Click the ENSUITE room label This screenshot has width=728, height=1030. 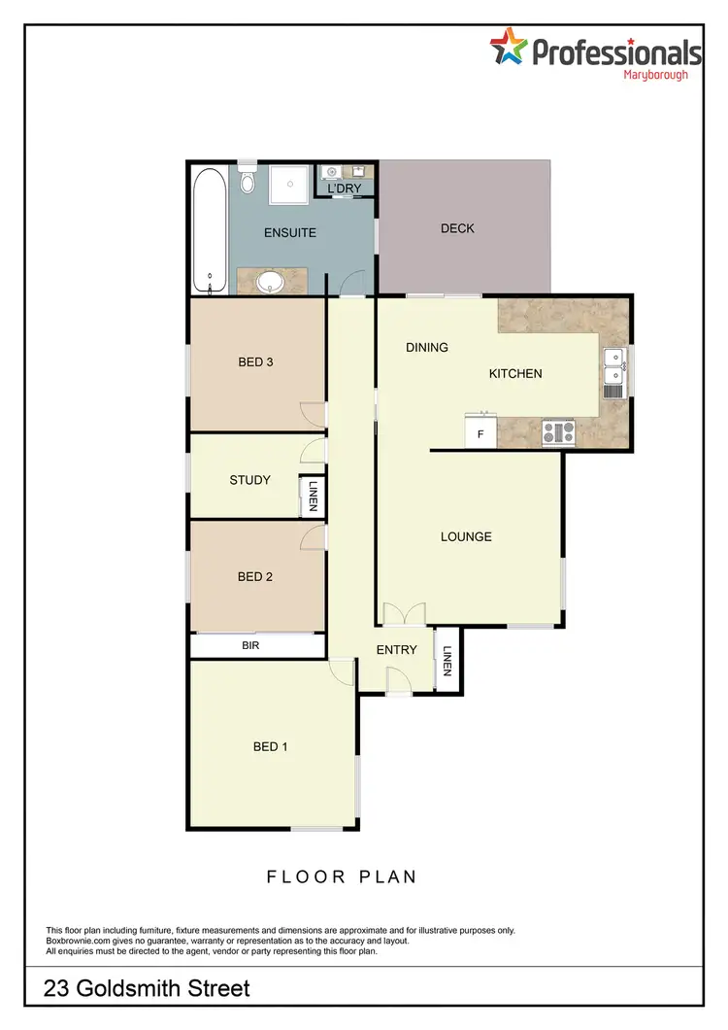tap(290, 233)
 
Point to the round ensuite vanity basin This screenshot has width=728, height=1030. tap(272, 282)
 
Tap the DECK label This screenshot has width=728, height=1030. tap(457, 228)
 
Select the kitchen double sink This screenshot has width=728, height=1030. tap(613, 371)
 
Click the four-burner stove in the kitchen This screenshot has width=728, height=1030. tap(558, 431)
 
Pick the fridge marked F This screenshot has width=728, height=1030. tap(480, 431)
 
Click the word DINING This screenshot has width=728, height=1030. tap(427, 347)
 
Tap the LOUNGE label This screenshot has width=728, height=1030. tap(466, 536)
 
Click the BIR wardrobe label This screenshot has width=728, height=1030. tap(250, 645)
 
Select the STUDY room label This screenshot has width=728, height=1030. tap(249, 480)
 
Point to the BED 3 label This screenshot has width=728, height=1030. tap(255, 362)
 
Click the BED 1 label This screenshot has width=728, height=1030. tap(270, 746)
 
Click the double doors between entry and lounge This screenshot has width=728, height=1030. tap(404, 614)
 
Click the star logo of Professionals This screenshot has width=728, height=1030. tap(508, 47)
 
